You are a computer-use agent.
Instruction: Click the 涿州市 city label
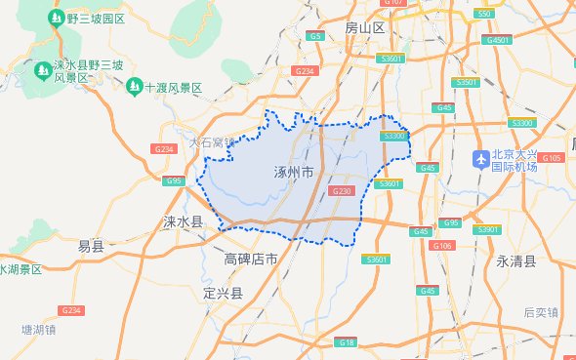(294, 172)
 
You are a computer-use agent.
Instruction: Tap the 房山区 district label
(366, 28)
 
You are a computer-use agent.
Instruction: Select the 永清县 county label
(516, 261)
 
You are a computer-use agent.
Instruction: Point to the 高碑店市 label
(251, 260)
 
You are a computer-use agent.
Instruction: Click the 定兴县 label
(223, 293)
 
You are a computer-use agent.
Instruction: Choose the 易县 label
(91, 247)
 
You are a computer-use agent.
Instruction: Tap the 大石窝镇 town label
(213, 142)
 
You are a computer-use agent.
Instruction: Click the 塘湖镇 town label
(39, 330)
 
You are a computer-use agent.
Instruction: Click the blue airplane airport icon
(479, 158)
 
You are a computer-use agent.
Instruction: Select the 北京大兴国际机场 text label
(514, 160)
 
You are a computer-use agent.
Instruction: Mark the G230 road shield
(342, 191)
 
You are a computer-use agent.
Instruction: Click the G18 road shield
(348, 342)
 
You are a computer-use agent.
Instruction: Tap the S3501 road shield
(469, 83)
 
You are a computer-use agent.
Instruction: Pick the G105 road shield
(552, 157)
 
